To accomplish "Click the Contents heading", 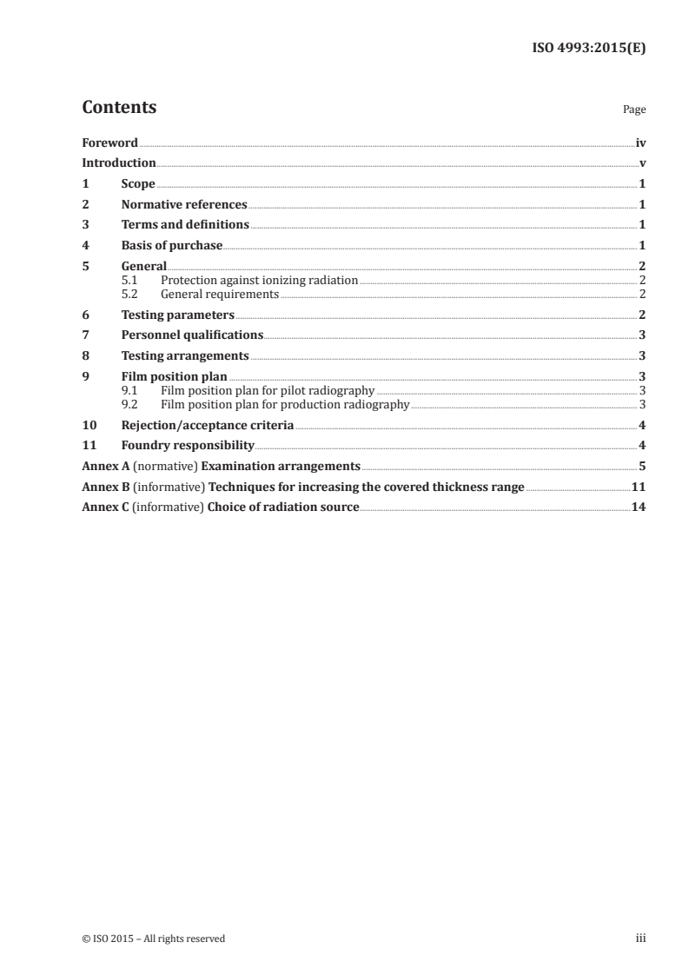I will pos(119,108).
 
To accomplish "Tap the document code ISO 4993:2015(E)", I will pos(588,49).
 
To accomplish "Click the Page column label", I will pos(634,110).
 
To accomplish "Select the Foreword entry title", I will pos(109,143).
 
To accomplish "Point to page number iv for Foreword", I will pos(640,143).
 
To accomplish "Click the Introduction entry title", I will pos(119,163).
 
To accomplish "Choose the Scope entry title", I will pos(138,184).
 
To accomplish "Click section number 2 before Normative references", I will pos(85,205).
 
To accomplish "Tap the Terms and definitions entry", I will pos(185,225).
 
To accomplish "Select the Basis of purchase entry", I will pos(172,245).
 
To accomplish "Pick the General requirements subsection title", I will pos(220,294).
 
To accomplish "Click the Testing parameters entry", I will pos(178,315).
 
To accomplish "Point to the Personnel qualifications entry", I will pos(192,335).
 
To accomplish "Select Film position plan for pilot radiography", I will pos(268,391).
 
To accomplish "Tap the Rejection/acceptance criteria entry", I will pos(208,426).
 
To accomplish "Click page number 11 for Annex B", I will pos(639,487).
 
